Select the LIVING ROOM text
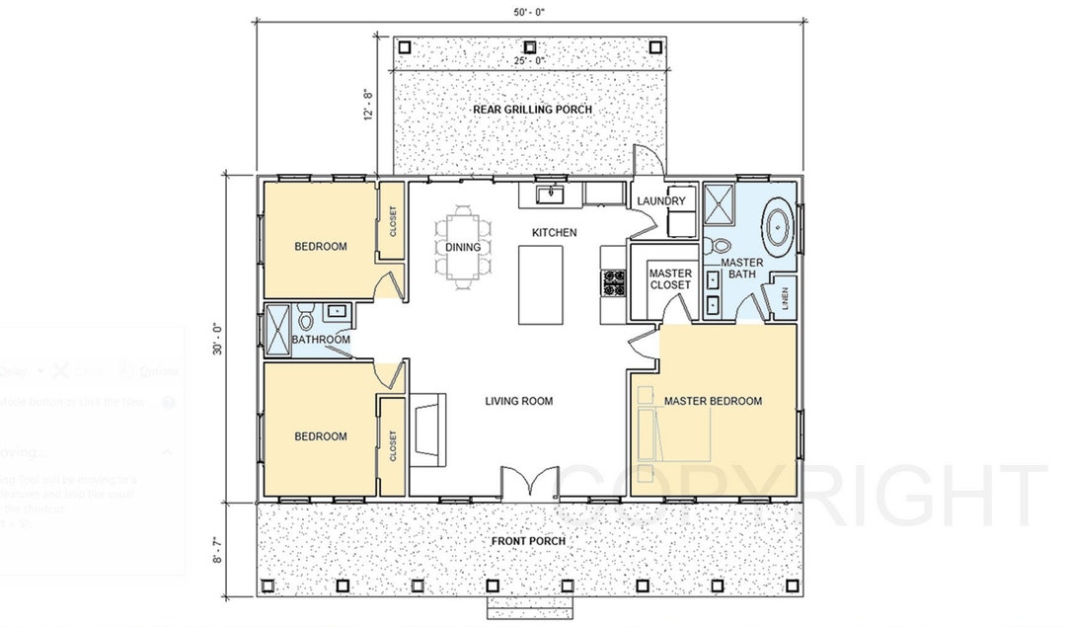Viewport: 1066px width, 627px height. [x=518, y=401]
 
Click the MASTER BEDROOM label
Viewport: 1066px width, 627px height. [x=713, y=401]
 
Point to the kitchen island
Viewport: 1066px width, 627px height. [x=541, y=284]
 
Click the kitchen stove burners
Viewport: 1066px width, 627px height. [x=614, y=284]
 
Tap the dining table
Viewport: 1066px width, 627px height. [x=462, y=247]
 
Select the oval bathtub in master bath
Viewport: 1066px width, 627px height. [x=779, y=225]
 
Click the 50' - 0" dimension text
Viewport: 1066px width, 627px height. [x=530, y=11]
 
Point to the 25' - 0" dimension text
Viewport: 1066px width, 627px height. [x=529, y=61]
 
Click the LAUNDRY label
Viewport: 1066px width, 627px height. [x=660, y=201]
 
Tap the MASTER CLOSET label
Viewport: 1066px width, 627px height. [x=669, y=278]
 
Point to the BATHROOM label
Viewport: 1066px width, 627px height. [x=321, y=340]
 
